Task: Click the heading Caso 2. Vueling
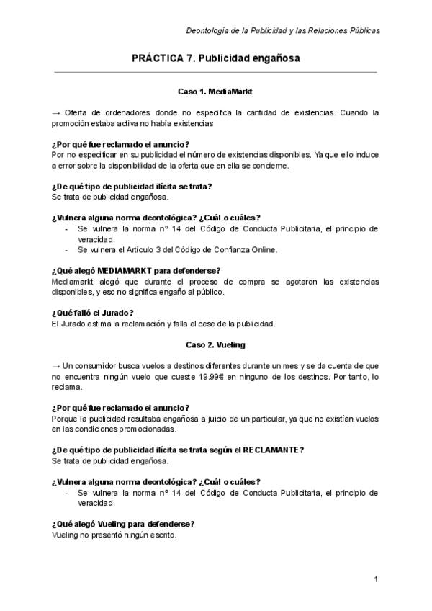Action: [215, 344]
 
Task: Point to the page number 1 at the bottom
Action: [377, 580]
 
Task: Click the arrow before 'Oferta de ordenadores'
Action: [57, 113]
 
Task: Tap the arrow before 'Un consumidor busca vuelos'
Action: [57, 365]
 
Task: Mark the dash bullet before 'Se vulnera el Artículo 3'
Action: [66, 250]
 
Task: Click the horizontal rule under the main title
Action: [215, 72]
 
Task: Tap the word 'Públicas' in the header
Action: [361, 31]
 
